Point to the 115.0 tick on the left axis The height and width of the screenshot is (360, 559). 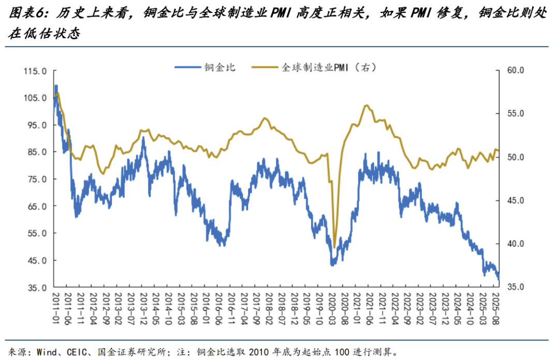pos(35,71)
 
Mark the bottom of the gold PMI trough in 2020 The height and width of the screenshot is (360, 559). pos(334,247)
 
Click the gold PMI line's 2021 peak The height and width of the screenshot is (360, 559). pos(366,106)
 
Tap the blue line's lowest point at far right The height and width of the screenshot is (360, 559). pos(498,280)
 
